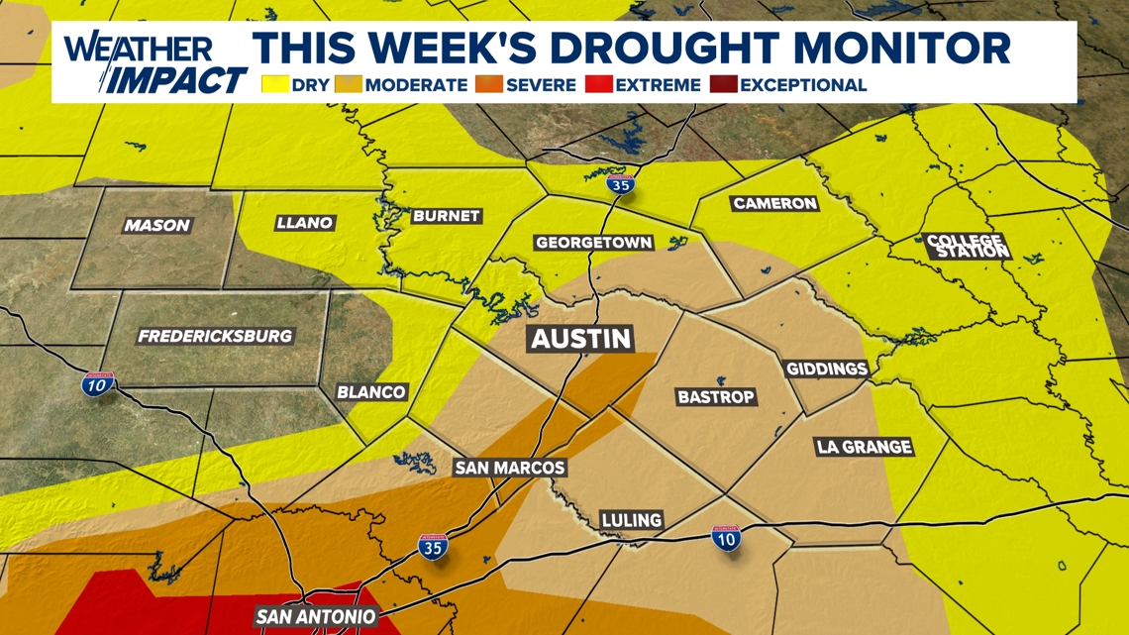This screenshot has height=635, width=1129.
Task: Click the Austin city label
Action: pyautogui.click(x=581, y=339)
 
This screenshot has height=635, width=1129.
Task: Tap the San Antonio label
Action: pyautogui.click(x=316, y=617)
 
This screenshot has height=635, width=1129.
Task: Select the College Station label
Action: pyautogui.click(x=967, y=246)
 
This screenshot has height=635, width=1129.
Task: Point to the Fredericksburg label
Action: pyautogui.click(x=215, y=336)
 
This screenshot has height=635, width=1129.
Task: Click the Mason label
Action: pyautogui.click(x=156, y=226)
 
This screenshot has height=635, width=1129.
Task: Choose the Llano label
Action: pyautogui.click(x=304, y=223)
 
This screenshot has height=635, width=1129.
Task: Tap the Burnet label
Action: pyautogui.click(x=446, y=216)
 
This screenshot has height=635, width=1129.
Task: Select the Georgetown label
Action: pyautogui.click(x=593, y=243)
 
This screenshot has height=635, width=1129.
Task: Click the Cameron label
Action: pyautogui.click(x=774, y=204)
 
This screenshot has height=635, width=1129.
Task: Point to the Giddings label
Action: pyautogui.click(x=827, y=370)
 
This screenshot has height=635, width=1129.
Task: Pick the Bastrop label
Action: pyautogui.click(x=716, y=397)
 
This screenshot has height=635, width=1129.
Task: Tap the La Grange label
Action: pyautogui.click(x=864, y=447)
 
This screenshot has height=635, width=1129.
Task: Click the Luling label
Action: pyautogui.click(x=632, y=520)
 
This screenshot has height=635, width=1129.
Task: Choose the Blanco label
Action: pyautogui.click(x=371, y=391)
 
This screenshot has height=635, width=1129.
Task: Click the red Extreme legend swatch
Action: pyautogui.click(x=599, y=85)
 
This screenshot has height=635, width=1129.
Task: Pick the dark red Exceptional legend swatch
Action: pyautogui.click(x=723, y=85)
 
